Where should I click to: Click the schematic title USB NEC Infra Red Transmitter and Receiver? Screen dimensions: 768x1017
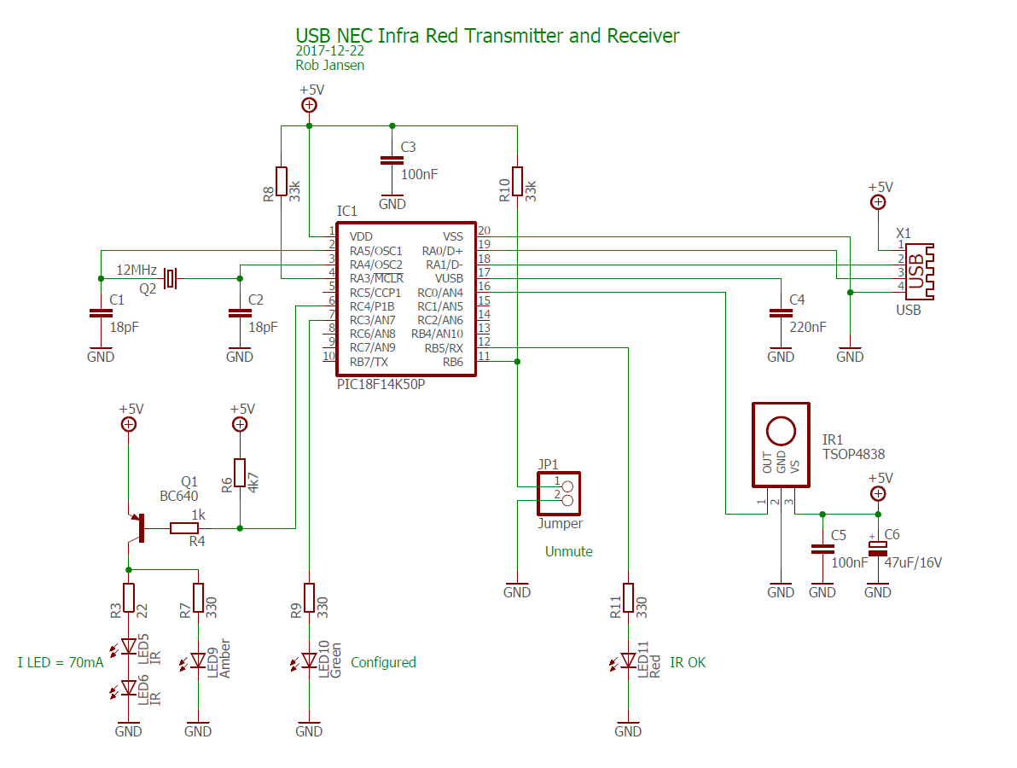(x=487, y=36)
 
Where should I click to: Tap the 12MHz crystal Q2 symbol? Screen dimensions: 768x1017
(x=171, y=277)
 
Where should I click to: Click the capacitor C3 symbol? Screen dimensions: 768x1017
(x=392, y=160)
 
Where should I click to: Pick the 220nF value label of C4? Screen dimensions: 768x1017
(x=807, y=327)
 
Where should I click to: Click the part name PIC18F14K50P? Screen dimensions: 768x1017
(x=381, y=385)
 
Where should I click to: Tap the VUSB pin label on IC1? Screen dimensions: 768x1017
(x=449, y=278)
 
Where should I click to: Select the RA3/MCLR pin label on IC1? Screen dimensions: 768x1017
(x=376, y=278)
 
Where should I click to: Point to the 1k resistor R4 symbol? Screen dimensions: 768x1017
(x=184, y=528)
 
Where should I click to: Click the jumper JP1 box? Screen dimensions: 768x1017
(x=558, y=492)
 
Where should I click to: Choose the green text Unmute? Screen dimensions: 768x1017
(x=568, y=551)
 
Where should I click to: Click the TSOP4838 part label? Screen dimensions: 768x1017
(x=853, y=455)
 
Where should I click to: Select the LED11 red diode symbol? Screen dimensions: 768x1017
(x=628, y=660)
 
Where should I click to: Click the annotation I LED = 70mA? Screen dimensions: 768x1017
(x=61, y=662)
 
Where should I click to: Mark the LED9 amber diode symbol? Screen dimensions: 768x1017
(x=198, y=660)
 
